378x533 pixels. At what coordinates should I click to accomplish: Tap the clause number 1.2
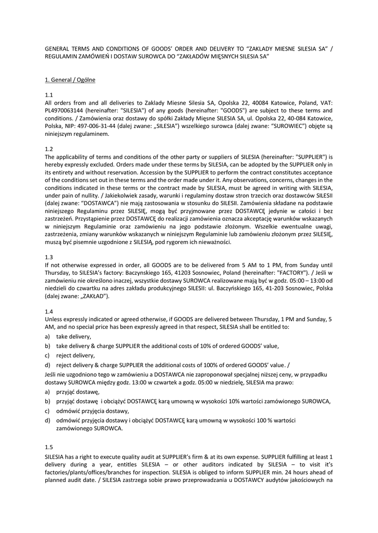(x=49, y=149)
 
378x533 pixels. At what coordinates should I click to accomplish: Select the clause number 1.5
(x=49, y=447)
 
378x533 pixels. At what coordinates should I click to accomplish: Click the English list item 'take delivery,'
(x=74, y=337)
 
